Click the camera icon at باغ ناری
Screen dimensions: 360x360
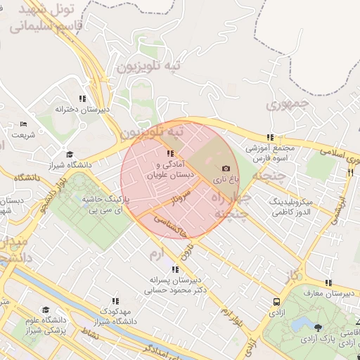[226, 169]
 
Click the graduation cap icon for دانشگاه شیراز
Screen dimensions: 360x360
[69, 154]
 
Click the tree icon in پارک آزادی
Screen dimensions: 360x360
[319, 328]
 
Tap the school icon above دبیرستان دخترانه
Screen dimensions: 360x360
[82, 98]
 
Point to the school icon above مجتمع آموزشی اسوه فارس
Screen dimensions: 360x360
[269, 138]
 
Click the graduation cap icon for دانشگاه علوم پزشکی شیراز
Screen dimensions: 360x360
[46, 309]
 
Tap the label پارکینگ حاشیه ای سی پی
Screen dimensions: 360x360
[105, 205]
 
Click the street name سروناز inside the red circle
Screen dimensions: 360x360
[163, 203]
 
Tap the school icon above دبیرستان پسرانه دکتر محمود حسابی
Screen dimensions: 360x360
[174, 269]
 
